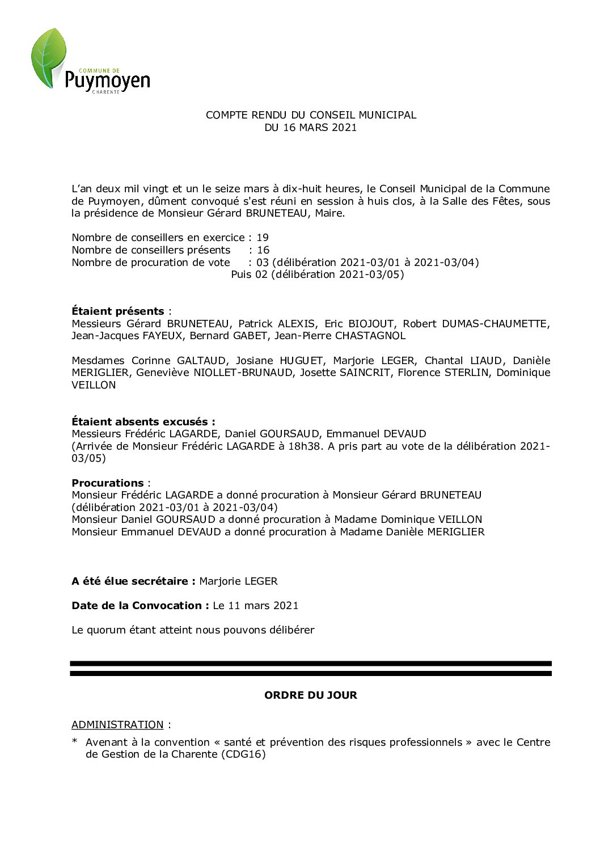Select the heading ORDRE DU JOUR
point(310,695)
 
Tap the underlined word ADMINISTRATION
point(117,724)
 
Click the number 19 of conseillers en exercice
point(262,238)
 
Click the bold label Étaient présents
point(117,311)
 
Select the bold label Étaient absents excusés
point(143,421)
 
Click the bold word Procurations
point(108,483)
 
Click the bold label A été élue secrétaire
point(133,581)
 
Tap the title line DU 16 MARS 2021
point(310,128)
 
